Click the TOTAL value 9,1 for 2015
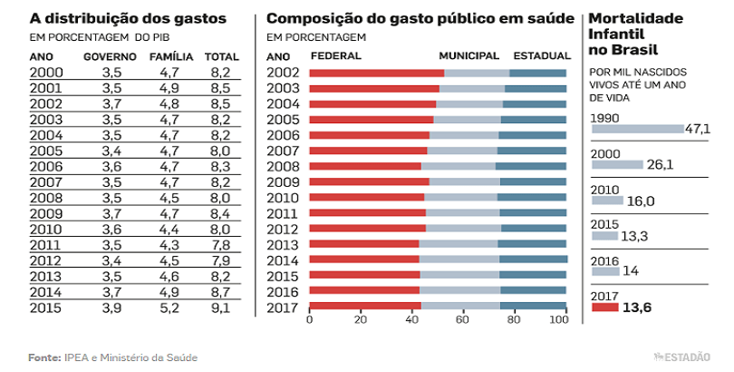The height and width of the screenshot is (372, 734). pyautogui.click(x=218, y=308)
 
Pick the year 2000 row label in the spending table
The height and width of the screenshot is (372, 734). pyautogui.click(x=46, y=73)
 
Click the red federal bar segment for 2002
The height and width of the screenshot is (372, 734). pyautogui.click(x=377, y=73)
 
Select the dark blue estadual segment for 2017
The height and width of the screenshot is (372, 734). pyautogui.click(x=533, y=306)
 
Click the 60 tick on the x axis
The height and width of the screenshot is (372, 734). pyautogui.click(x=463, y=320)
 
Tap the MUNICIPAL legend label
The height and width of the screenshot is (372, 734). pyautogui.click(x=468, y=55)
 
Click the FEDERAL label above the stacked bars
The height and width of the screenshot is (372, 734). pyautogui.click(x=336, y=55)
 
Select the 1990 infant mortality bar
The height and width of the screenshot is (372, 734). pyautogui.click(x=636, y=130)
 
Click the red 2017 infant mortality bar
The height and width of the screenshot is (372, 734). pyautogui.click(x=604, y=308)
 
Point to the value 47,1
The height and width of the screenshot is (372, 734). pyautogui.click(x=697, y=130)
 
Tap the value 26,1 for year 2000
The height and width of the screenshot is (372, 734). pyautogui.click(x=659, y=165)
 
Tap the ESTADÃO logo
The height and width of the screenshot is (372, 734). pyautogui.click(x=681, y=357)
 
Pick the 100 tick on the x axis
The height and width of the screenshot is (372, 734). pyautogui.click(x=565, y=320)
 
